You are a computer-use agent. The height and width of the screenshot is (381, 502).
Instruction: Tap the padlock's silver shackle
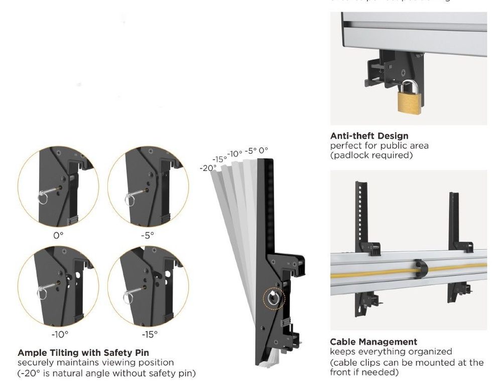[x=408, y=85]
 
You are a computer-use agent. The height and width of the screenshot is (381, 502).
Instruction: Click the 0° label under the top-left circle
[x=58, y=235]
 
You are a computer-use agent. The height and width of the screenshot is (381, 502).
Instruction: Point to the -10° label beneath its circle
[x=60, y=333]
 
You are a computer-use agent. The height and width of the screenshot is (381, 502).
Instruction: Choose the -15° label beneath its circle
[x=149, y=333]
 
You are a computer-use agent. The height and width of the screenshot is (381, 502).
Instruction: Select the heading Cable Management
[x=373, y=342]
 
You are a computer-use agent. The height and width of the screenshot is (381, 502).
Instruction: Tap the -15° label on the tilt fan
[x=219, y=159]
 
